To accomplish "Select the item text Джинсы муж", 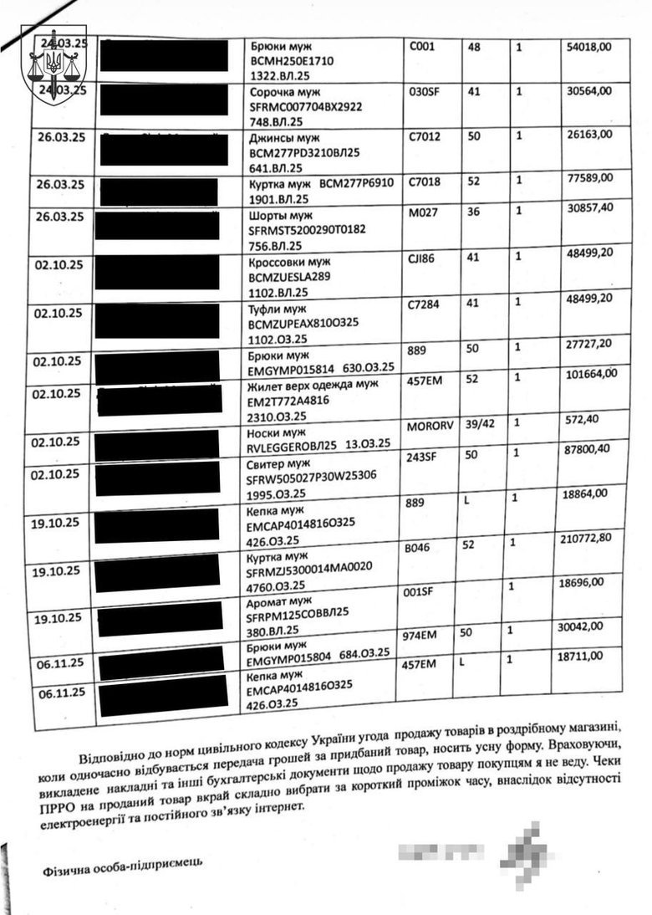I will coord(285,137).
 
